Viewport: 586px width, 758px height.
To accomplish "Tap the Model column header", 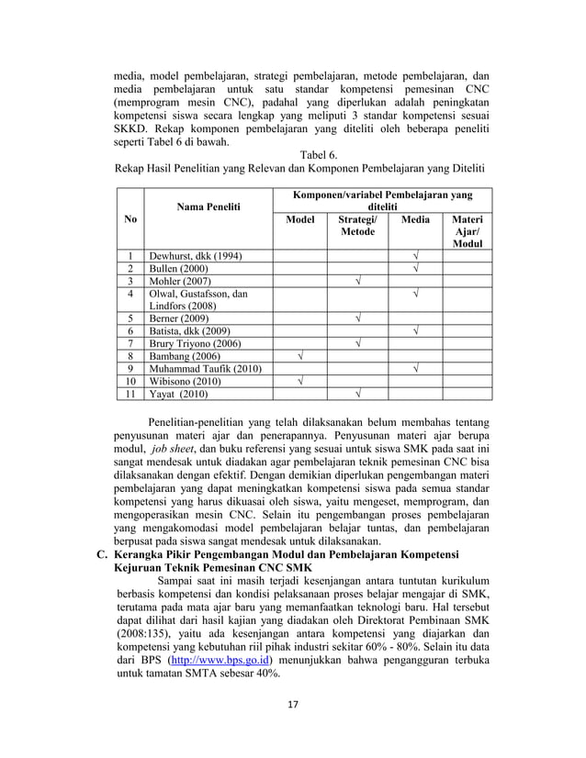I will pyautogui.click(x=300, y=220).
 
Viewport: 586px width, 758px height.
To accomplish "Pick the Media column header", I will pyautogui.click(x=415, y=220).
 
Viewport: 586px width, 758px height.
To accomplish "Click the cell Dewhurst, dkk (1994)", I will pyautogui.click(x=197, y=256).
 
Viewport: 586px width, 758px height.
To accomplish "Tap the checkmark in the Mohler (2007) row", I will pyautogui.click(x=358, y=282).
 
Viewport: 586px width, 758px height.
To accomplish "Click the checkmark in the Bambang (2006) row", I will pyautogui.click(x=300, y=356).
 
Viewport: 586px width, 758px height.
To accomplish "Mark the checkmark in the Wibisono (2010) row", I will pyautogui.click(x=300, y=382).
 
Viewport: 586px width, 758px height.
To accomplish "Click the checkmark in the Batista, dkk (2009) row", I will pyautogui.click(x=415, y=331).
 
